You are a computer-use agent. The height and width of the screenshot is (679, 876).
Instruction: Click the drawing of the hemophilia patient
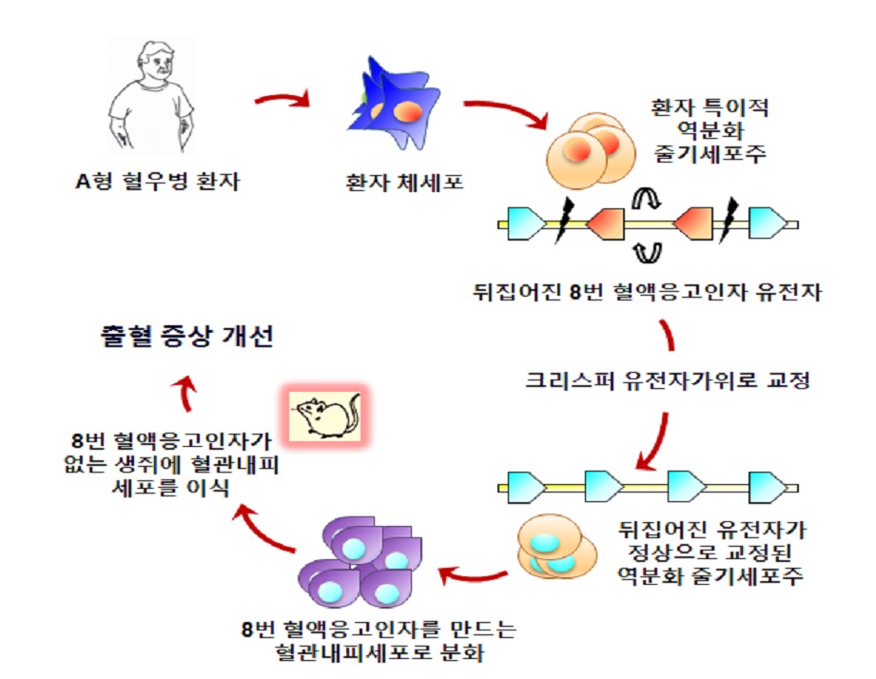(152, 99)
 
